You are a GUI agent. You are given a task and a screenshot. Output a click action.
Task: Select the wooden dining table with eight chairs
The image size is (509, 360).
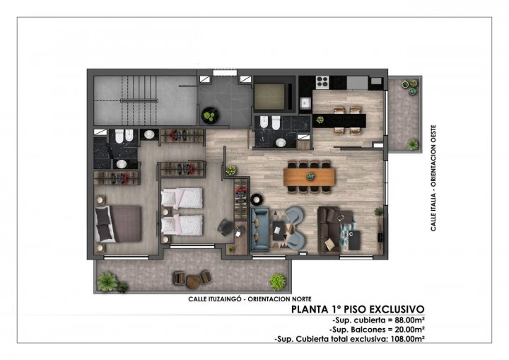tap(308, 174)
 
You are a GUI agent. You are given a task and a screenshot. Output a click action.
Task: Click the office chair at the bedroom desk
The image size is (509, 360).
tap(225, 226)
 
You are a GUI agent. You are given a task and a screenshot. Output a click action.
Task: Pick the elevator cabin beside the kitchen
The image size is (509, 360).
tap(269, 94)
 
